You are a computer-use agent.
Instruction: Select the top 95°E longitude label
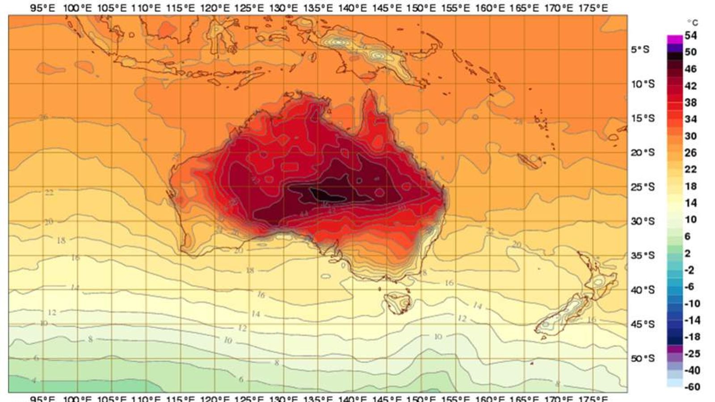click(43, 8)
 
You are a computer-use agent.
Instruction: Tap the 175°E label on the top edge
click(594, 8)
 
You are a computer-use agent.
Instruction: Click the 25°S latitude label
click(643, 187)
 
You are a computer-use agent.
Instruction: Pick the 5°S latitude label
click(640, 50)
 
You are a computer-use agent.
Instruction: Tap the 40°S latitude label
click(643, 290)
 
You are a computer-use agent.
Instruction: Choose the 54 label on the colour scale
click(690, 35)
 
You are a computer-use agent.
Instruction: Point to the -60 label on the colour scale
click(692, 387)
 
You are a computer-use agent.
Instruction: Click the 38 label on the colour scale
click(690, 102)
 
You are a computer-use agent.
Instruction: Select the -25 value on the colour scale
click(692, 354)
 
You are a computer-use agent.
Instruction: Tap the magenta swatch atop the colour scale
click(675, 39)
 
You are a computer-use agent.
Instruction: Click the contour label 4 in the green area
click(34, 381)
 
